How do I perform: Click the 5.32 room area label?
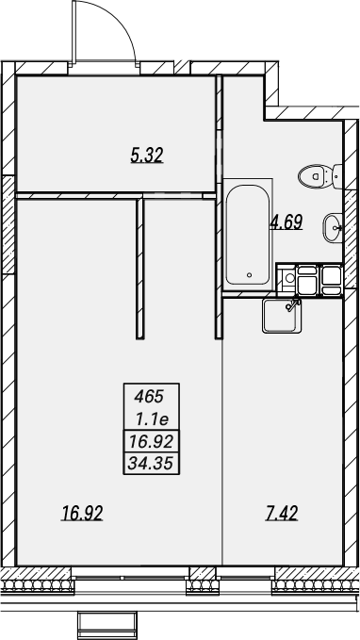147,156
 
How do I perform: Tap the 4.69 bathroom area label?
286,222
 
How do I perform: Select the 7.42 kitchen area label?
282,513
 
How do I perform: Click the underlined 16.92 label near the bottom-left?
82,513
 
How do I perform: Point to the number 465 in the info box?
149,396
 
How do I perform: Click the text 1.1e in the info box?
153,418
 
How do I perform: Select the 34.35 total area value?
152,463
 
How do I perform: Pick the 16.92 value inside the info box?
152,441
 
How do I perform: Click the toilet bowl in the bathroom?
315,176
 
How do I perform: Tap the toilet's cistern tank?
337,176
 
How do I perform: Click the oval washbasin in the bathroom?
333,228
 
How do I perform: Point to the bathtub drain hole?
250,274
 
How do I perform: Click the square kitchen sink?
282,315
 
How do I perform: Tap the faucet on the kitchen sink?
293,304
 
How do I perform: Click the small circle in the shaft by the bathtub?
289,278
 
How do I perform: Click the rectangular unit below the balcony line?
106,625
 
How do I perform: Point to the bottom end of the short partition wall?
140,338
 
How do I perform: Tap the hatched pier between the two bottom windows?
203,581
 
